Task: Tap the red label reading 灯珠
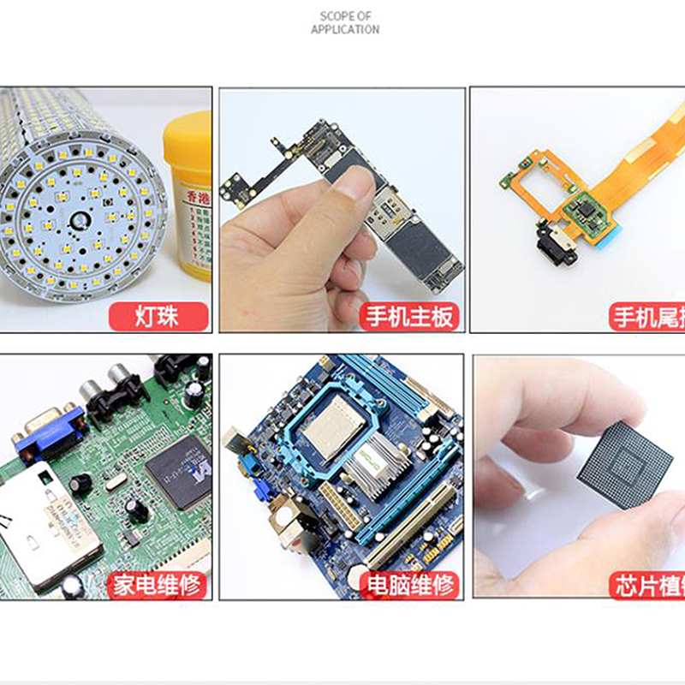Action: click(x=158, y=317)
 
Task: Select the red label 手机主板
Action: click(x=408, y=317)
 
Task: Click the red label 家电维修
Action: click(x=158, y=585)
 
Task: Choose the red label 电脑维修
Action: click(x=408, y=585)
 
